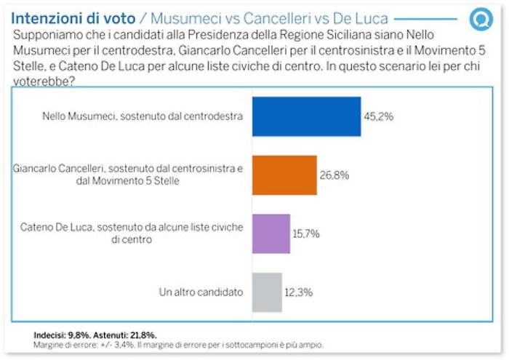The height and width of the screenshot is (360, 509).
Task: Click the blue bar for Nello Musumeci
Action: (306, 116)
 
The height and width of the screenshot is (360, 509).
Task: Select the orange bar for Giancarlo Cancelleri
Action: (284, 175)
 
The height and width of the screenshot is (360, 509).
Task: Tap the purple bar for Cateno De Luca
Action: (270, 233)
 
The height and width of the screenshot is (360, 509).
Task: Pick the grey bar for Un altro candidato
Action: (267, 292)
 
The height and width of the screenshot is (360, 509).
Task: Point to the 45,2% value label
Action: (380, 116)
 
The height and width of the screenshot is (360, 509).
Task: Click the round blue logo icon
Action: (481, 19)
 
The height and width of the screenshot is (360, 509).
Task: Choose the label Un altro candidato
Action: (201, 292)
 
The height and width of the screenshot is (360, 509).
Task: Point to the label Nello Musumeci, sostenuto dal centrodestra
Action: (143, 116)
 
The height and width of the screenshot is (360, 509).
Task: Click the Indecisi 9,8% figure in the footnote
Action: (59, 335)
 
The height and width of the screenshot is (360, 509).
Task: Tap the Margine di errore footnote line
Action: (178, 345)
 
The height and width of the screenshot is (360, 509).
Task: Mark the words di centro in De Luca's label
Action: (132, 239)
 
